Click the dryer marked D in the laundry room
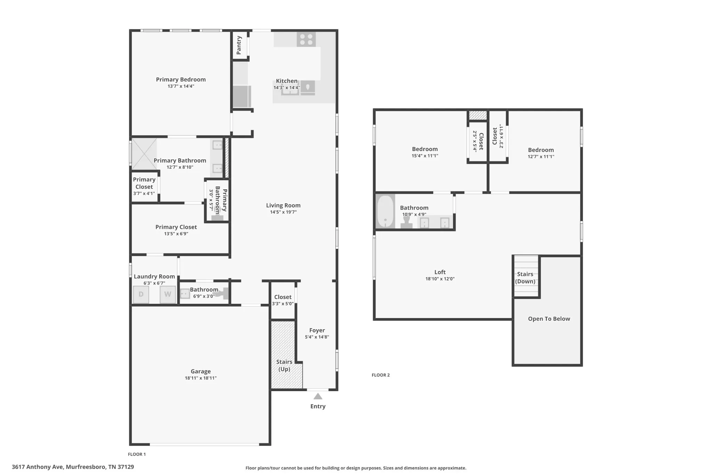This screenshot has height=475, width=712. (x=141, y=294)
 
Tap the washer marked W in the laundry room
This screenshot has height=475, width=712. (x=168, y=294)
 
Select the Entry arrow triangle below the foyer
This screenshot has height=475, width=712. (x=318, y=396)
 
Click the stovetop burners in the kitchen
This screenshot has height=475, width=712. (x=306, y=39)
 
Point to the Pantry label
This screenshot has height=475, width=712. (x=239, y=45)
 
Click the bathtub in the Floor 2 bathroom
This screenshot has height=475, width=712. (x=385, y=212)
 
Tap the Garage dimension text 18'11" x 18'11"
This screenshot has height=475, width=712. (x=201, y=378)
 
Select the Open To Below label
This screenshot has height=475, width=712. (x=549, y=319)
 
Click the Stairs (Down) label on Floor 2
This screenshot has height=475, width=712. (x=525, y=278)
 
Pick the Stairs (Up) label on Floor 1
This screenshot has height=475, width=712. (x=284, y=365)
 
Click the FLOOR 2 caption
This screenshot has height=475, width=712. (x=381, y=375)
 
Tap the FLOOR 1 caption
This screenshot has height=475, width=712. (x=137, y=454)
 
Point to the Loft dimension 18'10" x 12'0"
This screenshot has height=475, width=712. (x=440, y=279)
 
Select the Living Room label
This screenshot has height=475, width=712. (x=283, y=205)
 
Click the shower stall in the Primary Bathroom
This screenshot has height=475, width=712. (x=144, y=154)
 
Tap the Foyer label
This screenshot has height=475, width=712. (x=317, y=330)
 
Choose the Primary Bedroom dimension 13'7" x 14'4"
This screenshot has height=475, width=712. (x=181, y=86)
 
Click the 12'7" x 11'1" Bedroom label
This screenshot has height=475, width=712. (x=541, y=150)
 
